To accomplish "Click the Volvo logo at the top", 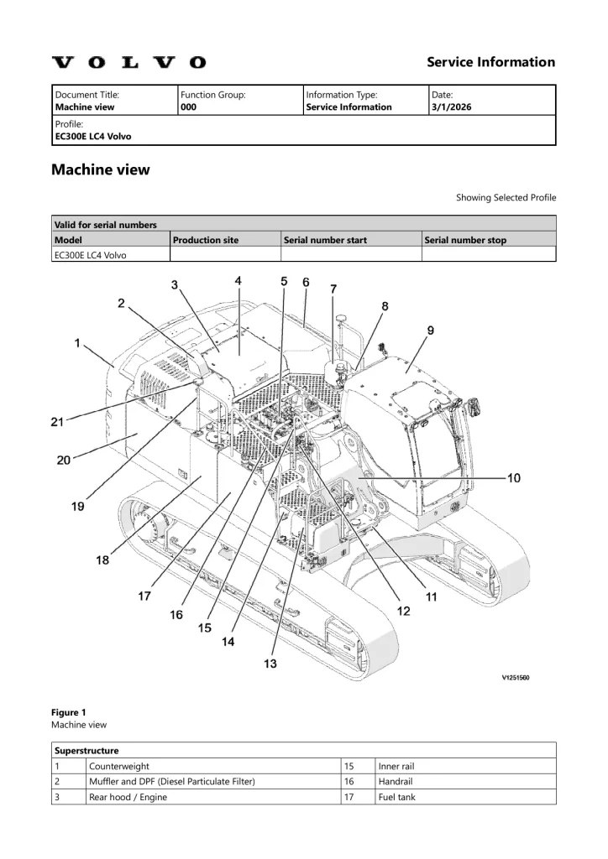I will (x=128, y=62).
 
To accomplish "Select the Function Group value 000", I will (x=189, y=107).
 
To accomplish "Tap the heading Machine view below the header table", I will (x=101, y=169).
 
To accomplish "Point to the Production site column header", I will (x=206, y=240).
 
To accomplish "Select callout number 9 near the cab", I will (x=430, y=331).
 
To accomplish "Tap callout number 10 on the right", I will (x=514, y=477).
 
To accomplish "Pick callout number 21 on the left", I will (x=57, y=422).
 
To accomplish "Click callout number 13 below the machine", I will (x=270, y=664).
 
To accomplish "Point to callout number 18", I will (x=102, y=560).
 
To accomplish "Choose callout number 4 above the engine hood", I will (x=238, y=282).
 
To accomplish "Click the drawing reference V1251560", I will (x=510, y=678).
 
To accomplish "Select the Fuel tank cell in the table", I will (x=396, y=797).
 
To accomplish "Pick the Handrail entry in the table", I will (x=395, y=781).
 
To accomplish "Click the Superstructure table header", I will (x=86, y=750).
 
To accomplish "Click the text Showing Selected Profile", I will (x=506, y=198).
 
